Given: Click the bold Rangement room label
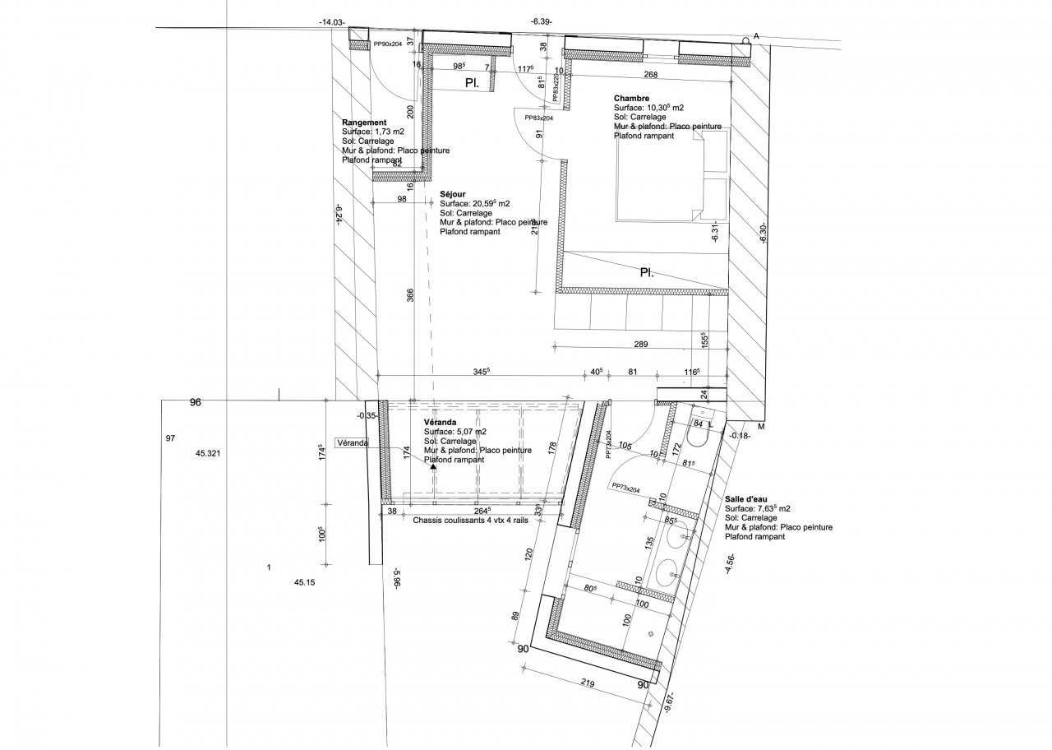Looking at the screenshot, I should tap(364, 123).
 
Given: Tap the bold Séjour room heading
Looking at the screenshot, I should tap(453, 193).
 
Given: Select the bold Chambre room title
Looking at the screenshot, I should tap(631, 99).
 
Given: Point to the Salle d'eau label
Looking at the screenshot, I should tap(747, 498).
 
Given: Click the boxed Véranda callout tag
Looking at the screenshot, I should tap(353, 442).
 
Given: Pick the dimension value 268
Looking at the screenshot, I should tap(650, 75).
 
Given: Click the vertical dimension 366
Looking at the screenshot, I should tap(411, 297).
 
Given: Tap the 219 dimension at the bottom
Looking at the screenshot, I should tap(586, 682).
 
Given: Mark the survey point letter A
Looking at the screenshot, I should tap(755, 36).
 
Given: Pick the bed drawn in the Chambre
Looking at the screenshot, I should tap(671, 178).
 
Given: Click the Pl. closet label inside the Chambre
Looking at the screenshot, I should tap(647, 272).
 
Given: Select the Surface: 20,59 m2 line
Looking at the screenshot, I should tap(475, 203).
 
